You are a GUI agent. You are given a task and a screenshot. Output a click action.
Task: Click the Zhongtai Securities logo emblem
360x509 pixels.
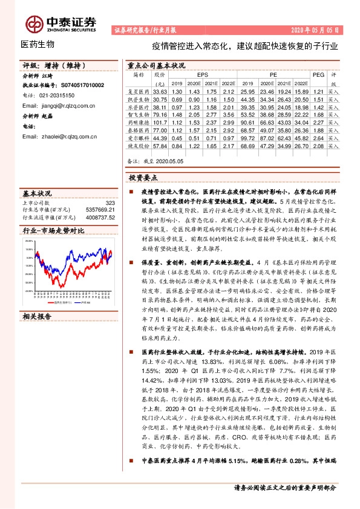(x=33, y=23)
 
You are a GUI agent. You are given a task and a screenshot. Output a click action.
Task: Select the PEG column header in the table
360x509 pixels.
(x=319, y=74)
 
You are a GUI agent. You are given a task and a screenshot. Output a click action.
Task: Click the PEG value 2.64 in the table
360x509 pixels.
(x=318, y=138)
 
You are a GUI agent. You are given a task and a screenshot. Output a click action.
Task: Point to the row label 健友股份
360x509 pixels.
(x=139, y=146)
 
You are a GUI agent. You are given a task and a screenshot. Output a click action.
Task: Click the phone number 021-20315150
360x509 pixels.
(x=53, y=96)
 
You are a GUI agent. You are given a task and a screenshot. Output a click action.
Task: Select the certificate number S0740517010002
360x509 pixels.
(x=79, y=86)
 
